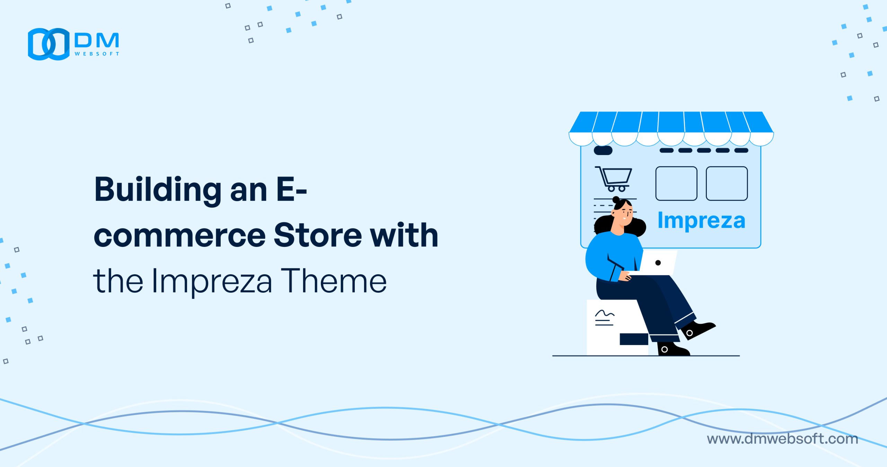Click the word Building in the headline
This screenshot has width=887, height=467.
pos(158,190)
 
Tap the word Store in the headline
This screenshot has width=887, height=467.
pos(318,235)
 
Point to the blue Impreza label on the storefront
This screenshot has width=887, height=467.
pos(701,220)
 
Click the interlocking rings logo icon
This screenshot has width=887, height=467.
pos(49,44)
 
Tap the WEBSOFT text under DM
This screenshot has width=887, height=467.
pos(97,54)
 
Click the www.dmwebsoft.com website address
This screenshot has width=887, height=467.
pos(782,439)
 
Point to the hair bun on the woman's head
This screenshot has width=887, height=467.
pos(616,200)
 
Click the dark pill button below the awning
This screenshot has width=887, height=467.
pos(603,150)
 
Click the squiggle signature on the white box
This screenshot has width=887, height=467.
pos(605,314)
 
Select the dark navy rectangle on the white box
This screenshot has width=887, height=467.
pos(634,339)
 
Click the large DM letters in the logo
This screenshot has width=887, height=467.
pos(97,41)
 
